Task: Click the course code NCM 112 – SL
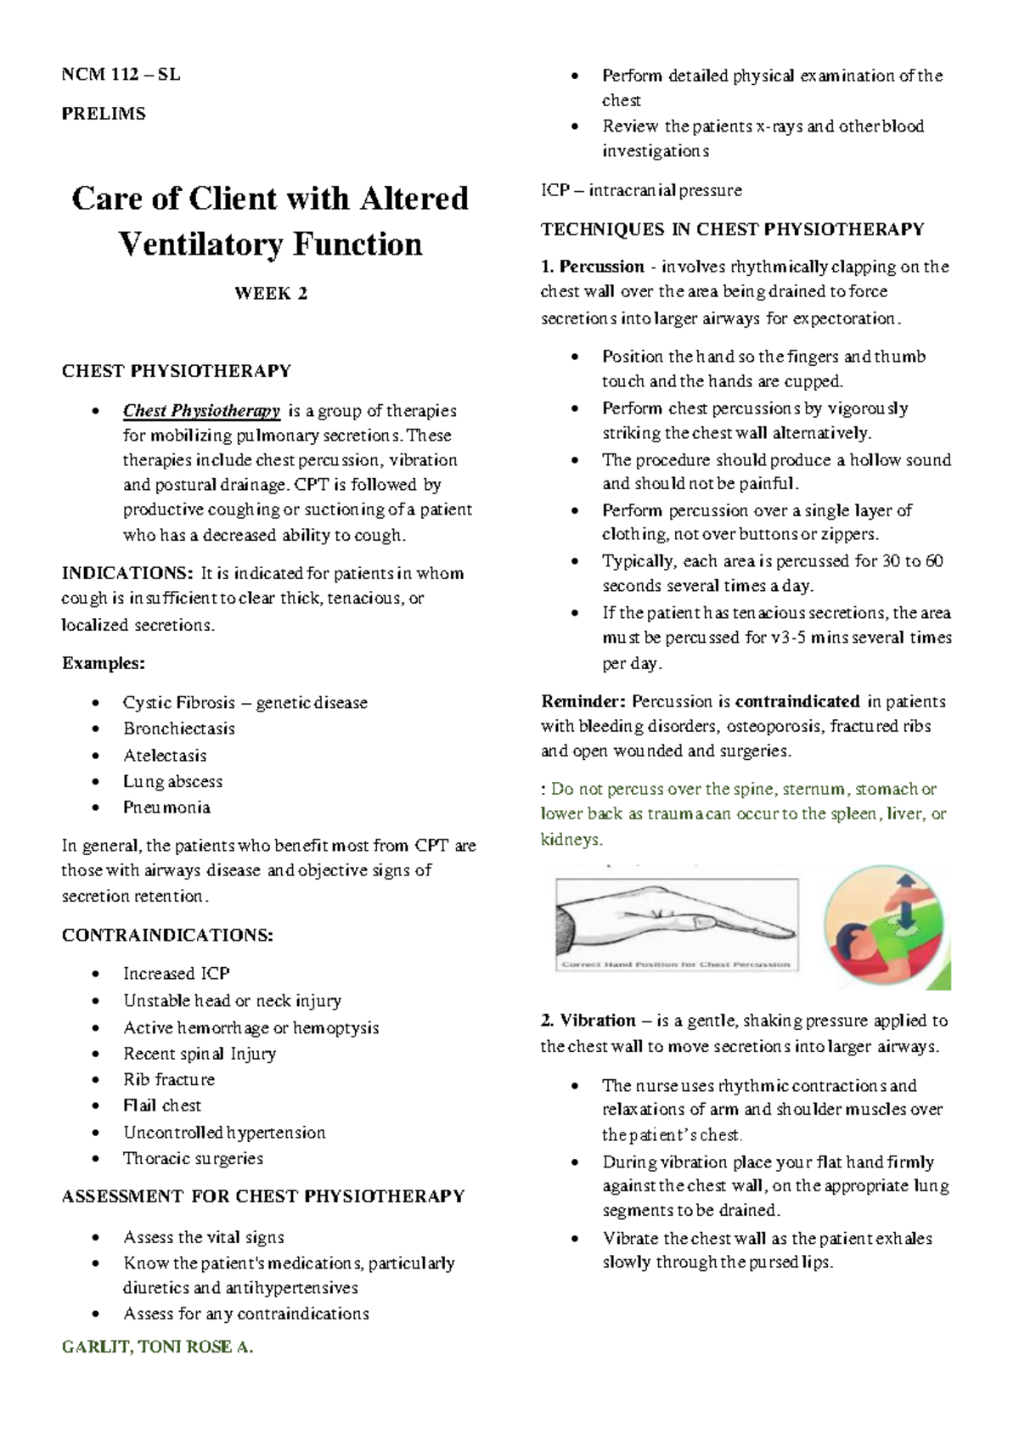121,75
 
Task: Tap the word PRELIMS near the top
104,114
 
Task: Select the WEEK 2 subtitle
270,294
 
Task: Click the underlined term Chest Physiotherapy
201,411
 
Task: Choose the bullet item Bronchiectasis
178,728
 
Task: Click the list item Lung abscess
172,781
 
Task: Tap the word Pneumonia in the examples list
166,807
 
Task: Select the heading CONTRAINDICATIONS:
167,936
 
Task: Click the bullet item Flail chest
162,1105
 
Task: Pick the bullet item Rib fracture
168,1080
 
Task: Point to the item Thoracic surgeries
193,1158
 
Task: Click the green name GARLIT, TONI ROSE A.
158,1347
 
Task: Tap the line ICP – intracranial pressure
641,190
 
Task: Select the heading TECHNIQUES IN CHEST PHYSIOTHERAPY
732,229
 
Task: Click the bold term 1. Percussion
592,267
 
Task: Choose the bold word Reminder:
583,701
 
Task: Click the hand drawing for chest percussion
676,923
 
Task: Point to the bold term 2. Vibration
588,1021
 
